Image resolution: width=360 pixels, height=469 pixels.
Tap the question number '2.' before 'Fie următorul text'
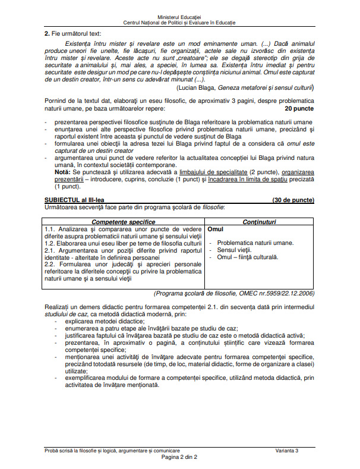(48, 34)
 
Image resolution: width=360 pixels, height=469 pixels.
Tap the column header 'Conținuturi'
(259, 221)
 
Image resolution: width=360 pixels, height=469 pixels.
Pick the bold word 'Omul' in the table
(214, 229)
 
